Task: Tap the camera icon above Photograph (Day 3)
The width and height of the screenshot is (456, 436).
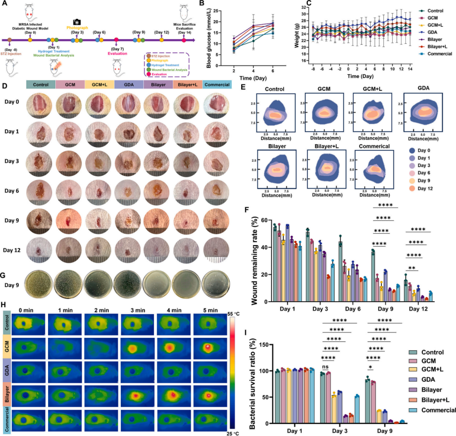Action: pyautogui.click(x=77, y=22)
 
